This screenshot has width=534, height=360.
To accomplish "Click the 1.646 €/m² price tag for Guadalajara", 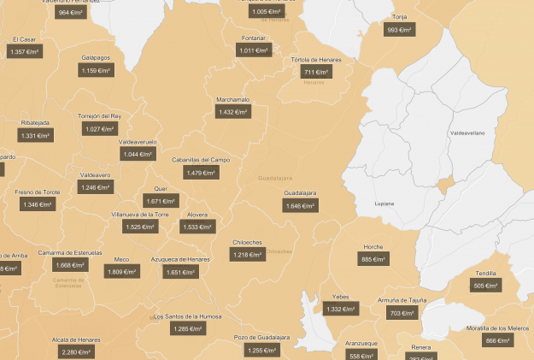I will coord(300,206).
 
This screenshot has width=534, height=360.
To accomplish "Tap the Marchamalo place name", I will coord(232,99).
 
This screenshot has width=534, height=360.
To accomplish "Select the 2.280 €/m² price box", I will coord(76,351).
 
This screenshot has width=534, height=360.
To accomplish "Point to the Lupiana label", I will coord(384,204).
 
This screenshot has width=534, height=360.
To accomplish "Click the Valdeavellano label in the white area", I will coord(467,133).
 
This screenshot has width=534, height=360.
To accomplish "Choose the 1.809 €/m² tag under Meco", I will coord(122,272).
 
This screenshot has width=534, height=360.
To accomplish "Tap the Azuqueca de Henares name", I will coord(179,259).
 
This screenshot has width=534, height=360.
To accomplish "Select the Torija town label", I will coord(400,17).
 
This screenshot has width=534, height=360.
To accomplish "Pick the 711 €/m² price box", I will coord(314,73).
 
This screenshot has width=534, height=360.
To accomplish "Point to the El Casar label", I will coord(25,39).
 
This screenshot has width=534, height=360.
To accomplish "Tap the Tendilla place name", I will coord(485,273).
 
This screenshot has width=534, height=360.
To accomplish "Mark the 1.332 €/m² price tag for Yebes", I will coord(340,310).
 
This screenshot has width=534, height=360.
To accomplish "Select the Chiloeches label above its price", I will coord(247,242).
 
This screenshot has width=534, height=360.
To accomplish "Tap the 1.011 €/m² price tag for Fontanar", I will coord(253,51).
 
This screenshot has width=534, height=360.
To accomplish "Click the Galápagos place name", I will coord(97,57).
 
